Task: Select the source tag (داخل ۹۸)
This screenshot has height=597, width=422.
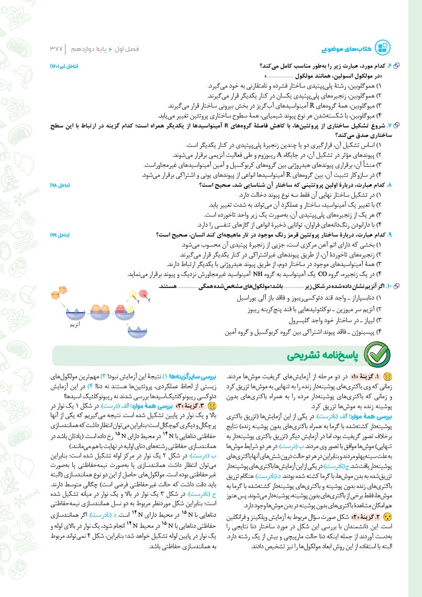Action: tap(60, 186)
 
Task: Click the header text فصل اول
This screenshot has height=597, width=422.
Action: tap(137, 49)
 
